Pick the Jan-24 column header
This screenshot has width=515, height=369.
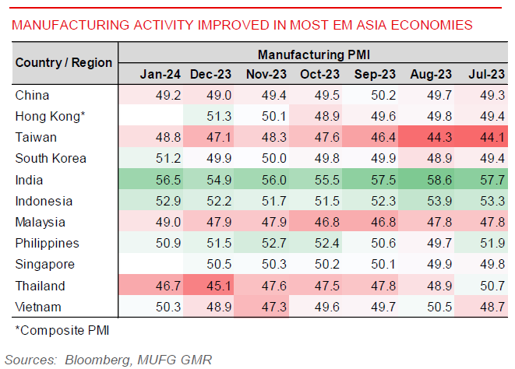160,74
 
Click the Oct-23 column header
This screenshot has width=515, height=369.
319,74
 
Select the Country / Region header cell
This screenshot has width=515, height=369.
64,62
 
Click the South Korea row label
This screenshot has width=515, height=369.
51,159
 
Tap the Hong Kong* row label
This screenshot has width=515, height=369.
49,116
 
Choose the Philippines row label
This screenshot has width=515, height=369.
47,244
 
